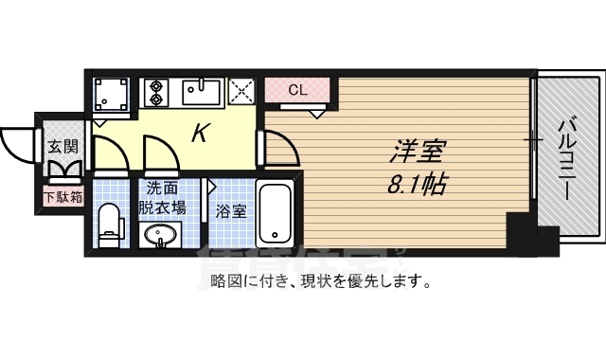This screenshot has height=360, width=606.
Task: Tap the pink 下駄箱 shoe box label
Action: (x=62, y=198)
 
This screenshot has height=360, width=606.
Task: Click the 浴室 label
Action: (x=231, y=210)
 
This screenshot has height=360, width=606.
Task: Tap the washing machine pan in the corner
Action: (x=113, y=96)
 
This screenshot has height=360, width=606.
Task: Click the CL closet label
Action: (x=297, y=91)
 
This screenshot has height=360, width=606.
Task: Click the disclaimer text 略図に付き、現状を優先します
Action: (x=321, y=281)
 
